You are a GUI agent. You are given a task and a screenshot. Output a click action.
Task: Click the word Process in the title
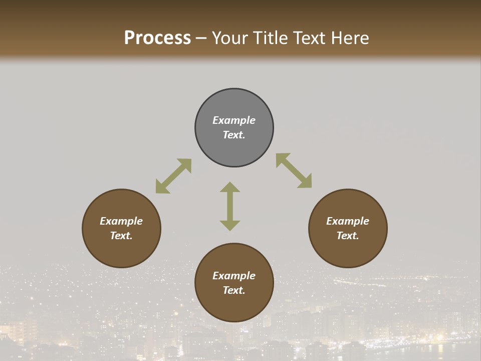[x=157, y=38]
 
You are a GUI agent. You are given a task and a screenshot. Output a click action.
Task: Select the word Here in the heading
[x=349, y=38]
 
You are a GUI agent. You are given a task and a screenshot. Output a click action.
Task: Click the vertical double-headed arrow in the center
[x=230, y=206]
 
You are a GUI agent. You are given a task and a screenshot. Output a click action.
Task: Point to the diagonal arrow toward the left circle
[x=173, y=176]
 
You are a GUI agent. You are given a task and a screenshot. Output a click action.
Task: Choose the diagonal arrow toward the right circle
[x=294, y=170]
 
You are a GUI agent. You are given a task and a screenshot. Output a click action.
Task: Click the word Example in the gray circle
[x=234, y=120]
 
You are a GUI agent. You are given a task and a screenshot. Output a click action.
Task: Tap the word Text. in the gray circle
[x=234, y=135]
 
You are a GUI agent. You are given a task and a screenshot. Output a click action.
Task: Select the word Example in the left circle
[x=121, y=221]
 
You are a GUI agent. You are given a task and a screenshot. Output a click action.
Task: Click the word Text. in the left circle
[x=121, y=236]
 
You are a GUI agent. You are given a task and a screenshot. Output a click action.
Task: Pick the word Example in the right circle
[x=348, y=221]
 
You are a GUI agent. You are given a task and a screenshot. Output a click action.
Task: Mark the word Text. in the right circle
[x=348, y=236]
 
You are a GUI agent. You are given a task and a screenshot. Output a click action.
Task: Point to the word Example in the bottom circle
[x=234, y=276]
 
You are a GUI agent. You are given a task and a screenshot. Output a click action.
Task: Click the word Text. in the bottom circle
[x=234, y=290]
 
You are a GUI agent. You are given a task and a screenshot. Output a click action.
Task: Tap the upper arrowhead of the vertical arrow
[x=230, y=188]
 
